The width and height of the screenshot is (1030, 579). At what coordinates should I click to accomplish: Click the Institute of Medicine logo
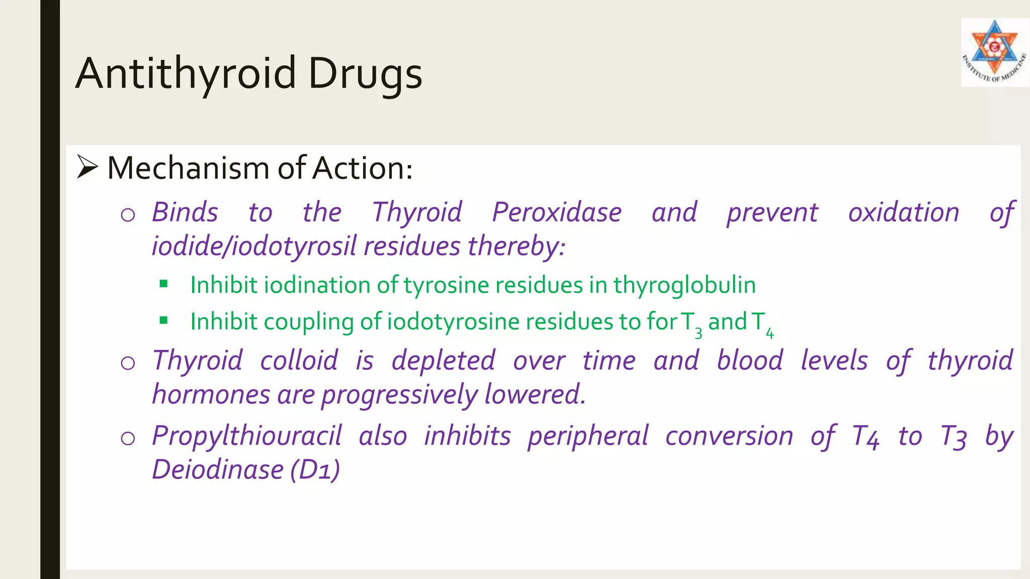tap(994, 52)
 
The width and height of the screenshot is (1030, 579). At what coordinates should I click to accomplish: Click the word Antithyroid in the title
tap(186, 73)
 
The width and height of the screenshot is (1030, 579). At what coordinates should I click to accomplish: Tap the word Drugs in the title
tap(365, 73)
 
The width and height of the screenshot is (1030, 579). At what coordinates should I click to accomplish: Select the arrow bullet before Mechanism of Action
tap(87, 167)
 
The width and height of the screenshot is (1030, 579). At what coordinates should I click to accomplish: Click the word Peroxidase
tap(557, 212)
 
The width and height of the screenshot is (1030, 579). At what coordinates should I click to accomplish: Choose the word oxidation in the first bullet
tap(904, 212)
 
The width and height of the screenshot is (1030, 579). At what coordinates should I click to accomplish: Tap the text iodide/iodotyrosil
tap(254, 246)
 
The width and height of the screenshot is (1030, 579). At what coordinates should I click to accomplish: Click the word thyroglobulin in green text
tap(684, 285)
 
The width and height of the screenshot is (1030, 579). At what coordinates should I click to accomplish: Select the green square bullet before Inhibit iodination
tap(163, 284)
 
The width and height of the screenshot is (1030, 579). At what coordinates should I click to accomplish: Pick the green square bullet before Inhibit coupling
tap(163, 320)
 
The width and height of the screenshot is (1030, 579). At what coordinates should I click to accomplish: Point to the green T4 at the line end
tap(762, 323)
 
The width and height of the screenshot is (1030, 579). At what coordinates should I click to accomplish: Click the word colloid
tap(299, 360)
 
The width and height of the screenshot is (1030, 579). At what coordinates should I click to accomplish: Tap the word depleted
tap(443, 360)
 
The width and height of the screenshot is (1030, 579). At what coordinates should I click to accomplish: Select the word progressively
tap(400, 395)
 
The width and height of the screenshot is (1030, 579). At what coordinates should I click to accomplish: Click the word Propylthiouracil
tap(247, 436)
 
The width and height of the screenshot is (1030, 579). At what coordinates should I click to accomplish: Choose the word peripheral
tap(588, 436)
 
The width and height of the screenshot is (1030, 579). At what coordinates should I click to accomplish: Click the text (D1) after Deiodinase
tap(315, 470)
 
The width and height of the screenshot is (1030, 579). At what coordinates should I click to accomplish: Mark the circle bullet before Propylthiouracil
tap(128, 438)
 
